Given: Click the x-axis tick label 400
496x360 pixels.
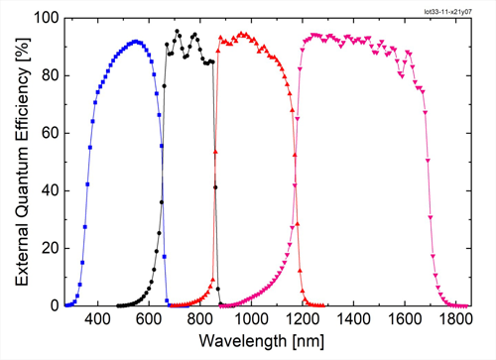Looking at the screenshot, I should point(97,319).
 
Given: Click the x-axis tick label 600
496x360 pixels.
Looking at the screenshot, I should point(149,319).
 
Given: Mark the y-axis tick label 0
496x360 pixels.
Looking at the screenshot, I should point(54,305).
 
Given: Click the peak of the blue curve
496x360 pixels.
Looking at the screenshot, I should point(136,42).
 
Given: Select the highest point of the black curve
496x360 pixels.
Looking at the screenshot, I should point(178,31).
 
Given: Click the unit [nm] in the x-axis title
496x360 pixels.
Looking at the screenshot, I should point(309,341).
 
